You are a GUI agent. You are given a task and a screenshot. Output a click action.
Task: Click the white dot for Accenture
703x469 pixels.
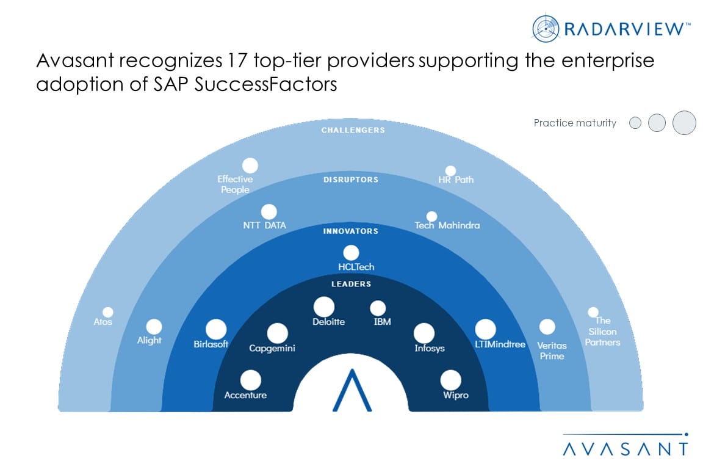tap(251, 380)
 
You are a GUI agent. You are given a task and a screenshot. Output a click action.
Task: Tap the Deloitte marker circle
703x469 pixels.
tap(323, 307)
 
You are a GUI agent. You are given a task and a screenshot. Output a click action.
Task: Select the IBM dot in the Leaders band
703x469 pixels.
tap(378, 308)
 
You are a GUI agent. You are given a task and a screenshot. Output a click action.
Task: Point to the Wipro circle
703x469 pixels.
tap(450, 380)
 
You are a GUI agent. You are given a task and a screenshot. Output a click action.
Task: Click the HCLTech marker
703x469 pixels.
tap(351, 253)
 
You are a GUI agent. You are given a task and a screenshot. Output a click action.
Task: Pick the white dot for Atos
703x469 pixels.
tap(107, 313)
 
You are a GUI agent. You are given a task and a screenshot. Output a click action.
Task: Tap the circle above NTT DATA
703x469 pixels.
tap(269, 212)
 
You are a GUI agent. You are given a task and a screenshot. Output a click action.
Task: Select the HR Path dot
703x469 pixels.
tap(450, 170)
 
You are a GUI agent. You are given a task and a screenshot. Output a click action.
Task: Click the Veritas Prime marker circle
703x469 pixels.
tap(547, 327)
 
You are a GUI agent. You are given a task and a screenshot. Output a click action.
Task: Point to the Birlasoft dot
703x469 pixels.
tap(215, 329)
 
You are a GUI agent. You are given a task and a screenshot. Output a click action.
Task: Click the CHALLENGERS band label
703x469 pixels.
tap(353, 130)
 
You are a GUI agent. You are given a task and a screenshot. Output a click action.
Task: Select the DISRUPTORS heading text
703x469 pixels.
tap(351, 180)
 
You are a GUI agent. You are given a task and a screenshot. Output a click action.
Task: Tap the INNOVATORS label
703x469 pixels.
tap(351, 231)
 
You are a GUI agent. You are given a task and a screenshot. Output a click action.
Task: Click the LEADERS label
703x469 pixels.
tap(351, 284)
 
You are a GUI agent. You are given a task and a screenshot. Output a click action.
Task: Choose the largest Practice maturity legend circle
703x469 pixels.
tap(684, 123)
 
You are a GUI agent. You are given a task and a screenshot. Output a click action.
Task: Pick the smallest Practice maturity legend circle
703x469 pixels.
tap(635, 123)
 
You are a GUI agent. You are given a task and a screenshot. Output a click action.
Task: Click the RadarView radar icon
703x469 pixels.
tap(546, 28)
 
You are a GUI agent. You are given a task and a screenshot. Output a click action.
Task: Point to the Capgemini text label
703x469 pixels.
tap(272, 348)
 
